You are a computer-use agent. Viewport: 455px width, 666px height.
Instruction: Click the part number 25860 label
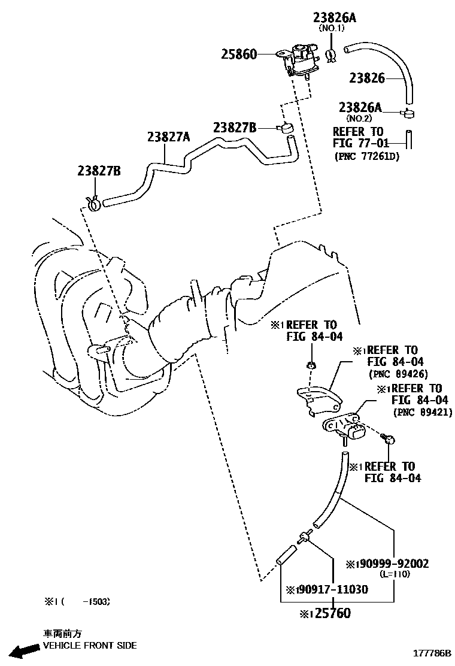(x=239, y=55)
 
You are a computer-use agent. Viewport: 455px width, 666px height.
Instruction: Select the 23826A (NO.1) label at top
(x=334, y=19)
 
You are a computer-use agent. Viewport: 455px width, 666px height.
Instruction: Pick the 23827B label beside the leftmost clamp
(x=99, y=171)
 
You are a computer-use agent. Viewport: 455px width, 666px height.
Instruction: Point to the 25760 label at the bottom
(x=326, y=613)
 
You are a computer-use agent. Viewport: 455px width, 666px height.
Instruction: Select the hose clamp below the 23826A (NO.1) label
(x=330, y=55)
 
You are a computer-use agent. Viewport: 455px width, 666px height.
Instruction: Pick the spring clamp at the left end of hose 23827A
(x=92, y=203)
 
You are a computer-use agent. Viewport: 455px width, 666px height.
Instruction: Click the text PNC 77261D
(x=366, y=156)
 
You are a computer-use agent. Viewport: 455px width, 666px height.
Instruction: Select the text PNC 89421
(x=422, y=412)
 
